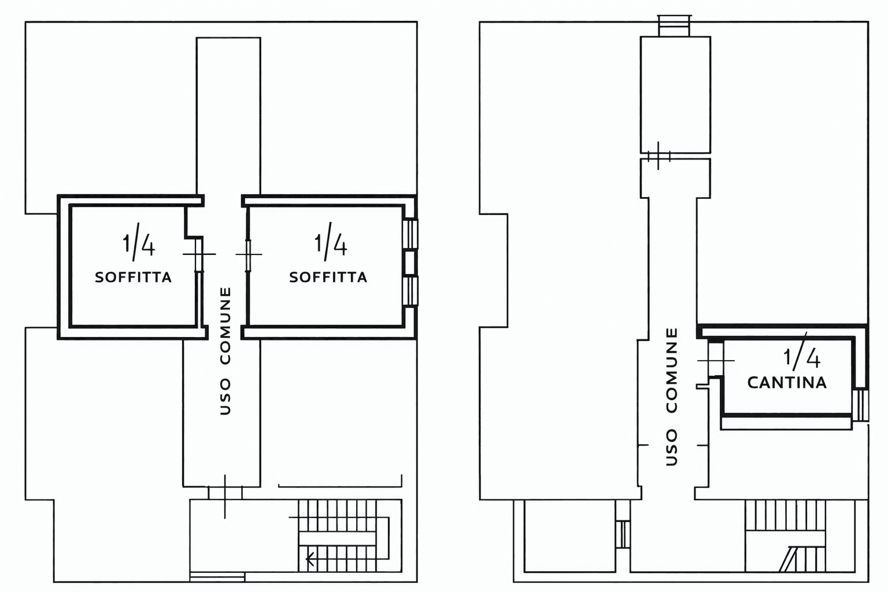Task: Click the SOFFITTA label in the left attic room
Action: click(x=133, y=277)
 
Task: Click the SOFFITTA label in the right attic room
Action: click(x=328, y=277)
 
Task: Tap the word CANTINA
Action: click(x=787, y=383)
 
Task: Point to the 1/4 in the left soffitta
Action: click(x=138, y=242)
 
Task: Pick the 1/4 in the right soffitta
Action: click(x=331, y=242)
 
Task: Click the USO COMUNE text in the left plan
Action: click(x=225, y=351)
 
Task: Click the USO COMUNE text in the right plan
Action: click(x=672, y=397)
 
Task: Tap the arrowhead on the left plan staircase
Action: click(x=310, y=560)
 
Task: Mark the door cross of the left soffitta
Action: click(x=199, y=254)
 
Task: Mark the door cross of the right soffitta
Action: click(x=249, y=254)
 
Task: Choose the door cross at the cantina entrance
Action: click(x=716, y=360)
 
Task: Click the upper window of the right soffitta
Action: click(x=410, y=234)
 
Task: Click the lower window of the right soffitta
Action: click(x=410, y=291)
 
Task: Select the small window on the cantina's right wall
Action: click(x=860, y=405)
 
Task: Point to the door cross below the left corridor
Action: click(x=225, y=496)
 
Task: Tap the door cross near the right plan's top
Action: click(x=658, y=156)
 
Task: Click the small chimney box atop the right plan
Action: click(x=674, y=26)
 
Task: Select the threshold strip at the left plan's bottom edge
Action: click(x=217, y=577)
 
